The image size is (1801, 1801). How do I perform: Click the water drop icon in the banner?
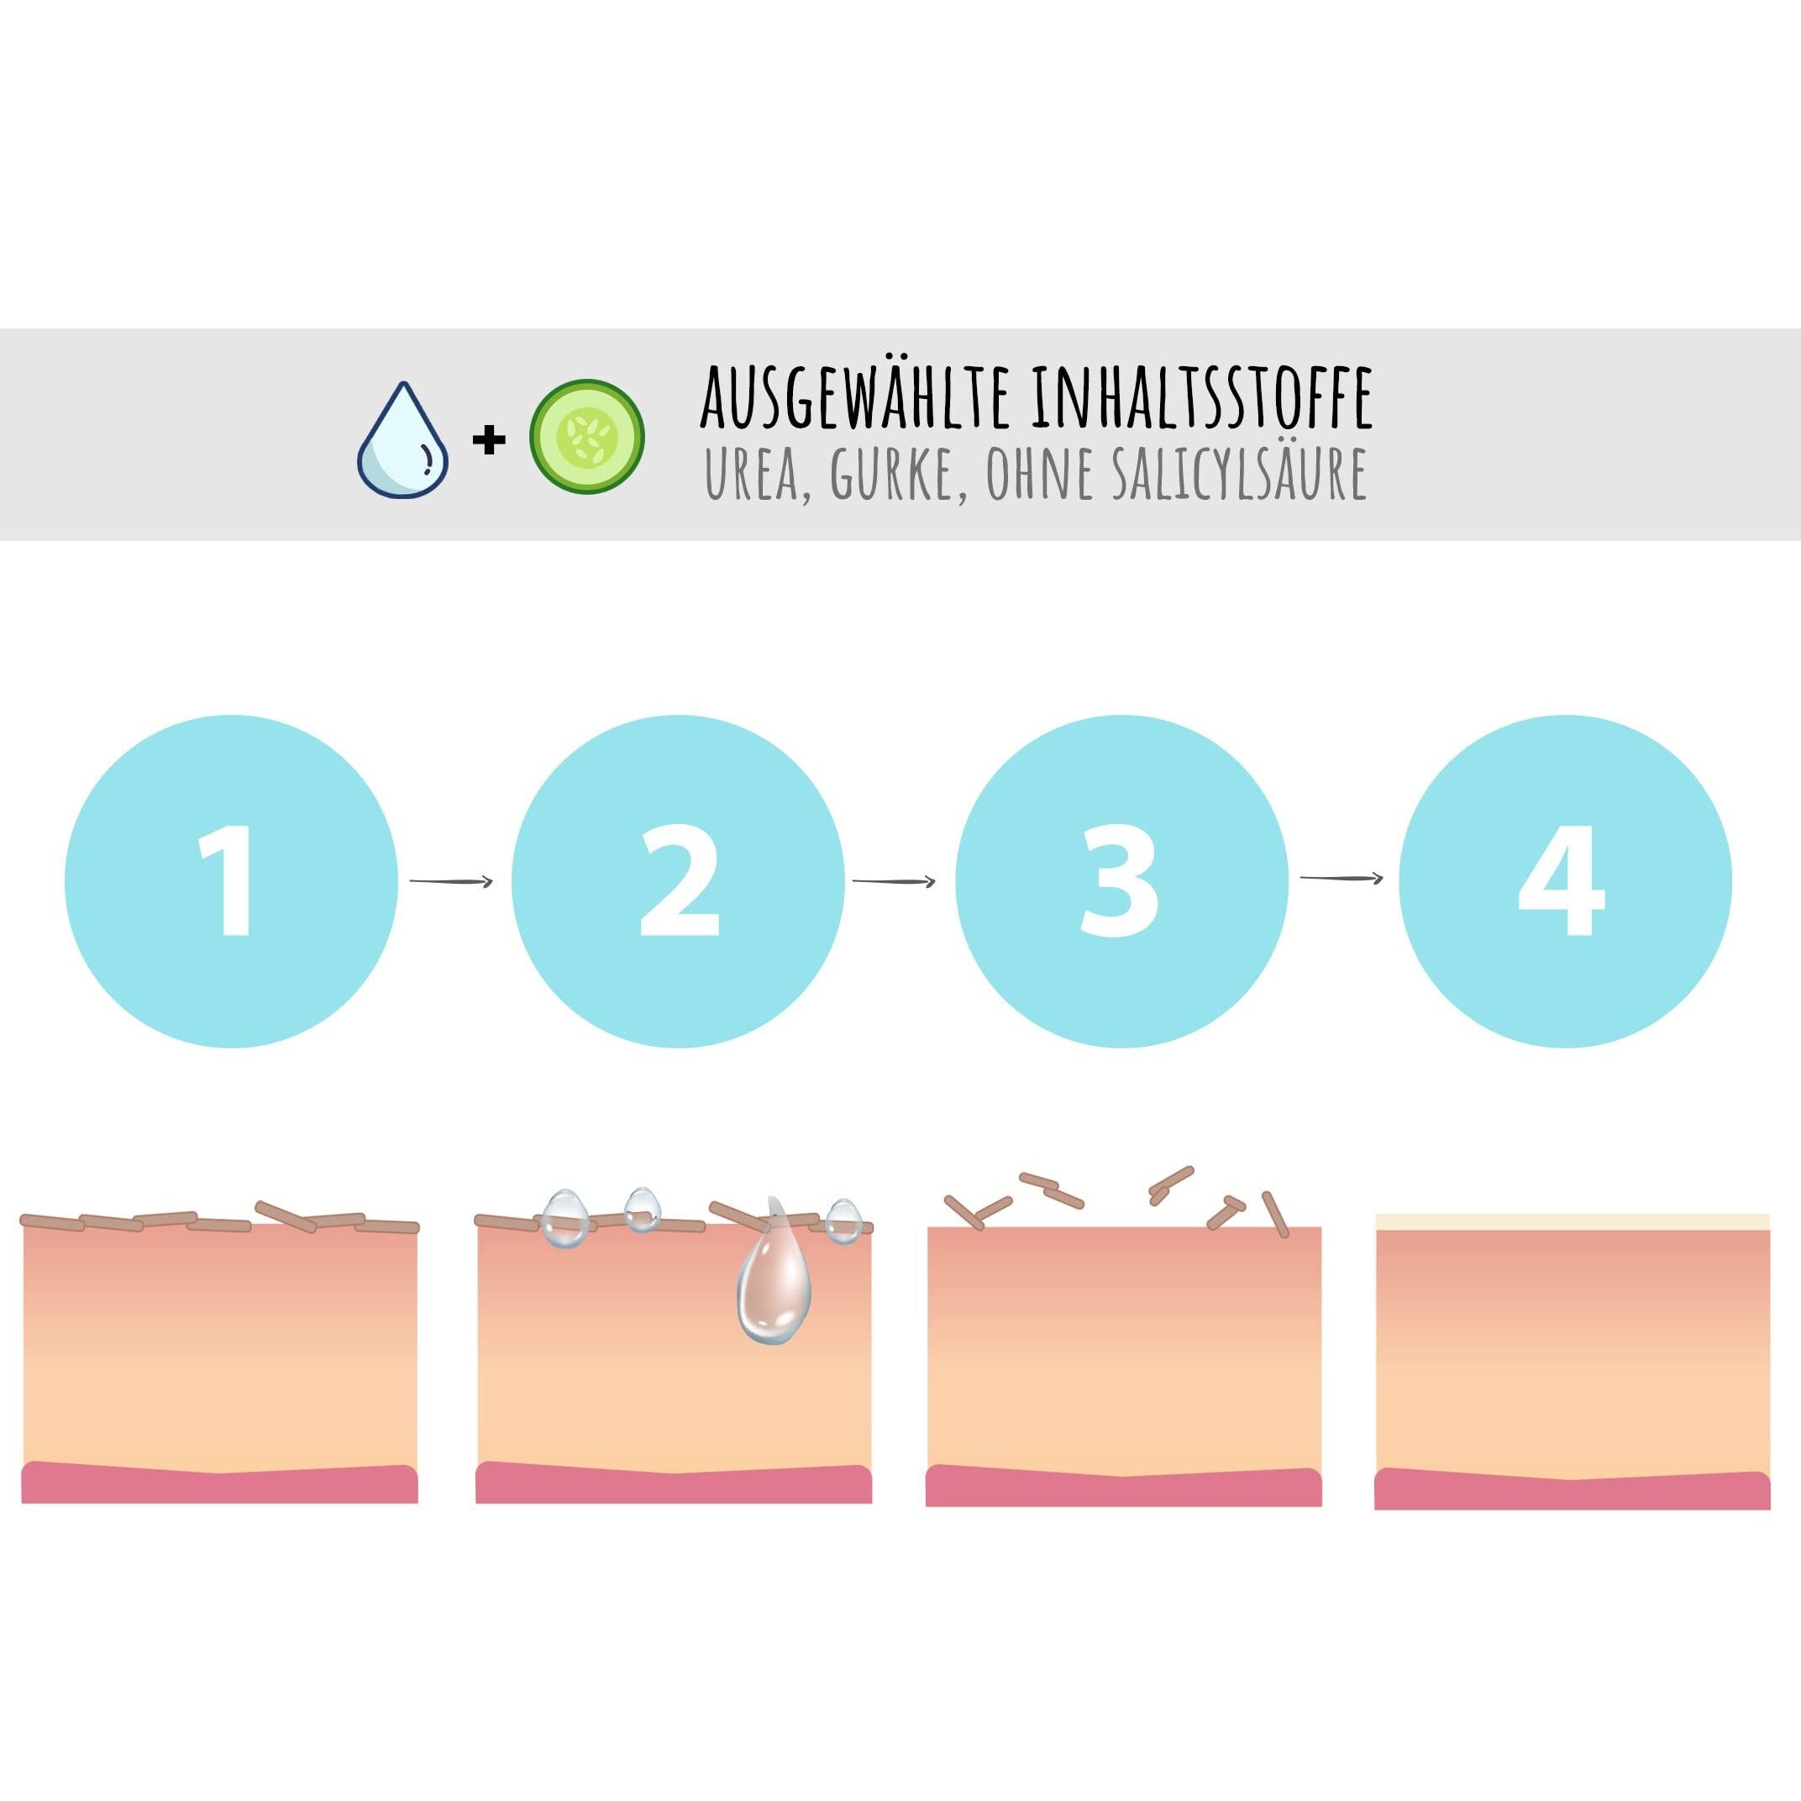coord(402,440)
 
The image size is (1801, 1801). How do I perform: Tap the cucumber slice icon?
coord(587,436)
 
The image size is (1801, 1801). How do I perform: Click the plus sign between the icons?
coord(488,441)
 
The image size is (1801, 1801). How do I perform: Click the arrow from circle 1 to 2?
coord(451,880)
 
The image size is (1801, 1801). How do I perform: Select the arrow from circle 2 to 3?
coord(894,880)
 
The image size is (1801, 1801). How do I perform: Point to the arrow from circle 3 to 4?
coord(1342,878)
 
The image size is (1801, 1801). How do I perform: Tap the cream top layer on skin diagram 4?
coord(1573,1222)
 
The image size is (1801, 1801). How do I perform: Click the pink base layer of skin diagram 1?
coord(219,1482)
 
